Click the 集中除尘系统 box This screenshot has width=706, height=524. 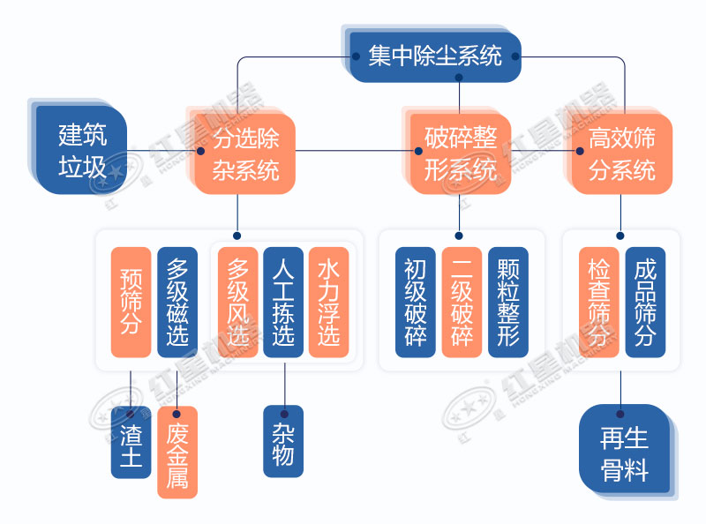click(435, 56)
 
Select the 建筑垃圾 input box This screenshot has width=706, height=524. click(82, 150)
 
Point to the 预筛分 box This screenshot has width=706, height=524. click(131, 302)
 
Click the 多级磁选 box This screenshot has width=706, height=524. click(177, 302)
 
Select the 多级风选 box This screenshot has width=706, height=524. click(237, 302)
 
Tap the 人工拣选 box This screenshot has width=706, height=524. click(283, 302)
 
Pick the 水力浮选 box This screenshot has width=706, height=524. click(328, 302)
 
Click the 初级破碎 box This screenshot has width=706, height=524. click(416, 302)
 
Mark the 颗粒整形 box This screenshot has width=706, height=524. click(507, 302)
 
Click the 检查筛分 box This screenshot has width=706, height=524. click(599, 302)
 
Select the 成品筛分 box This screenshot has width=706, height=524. click(645, 302)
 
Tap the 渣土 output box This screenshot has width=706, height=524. click(131, 443)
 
